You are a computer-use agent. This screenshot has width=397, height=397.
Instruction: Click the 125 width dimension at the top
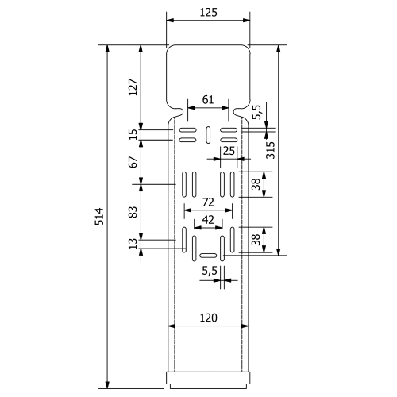209,13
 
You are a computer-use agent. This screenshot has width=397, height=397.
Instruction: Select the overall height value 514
99,217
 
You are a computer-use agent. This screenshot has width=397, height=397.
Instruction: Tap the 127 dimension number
133,87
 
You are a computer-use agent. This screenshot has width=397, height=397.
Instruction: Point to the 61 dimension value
208,100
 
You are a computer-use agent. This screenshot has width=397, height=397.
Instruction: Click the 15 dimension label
133,134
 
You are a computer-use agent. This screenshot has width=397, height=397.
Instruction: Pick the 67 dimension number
133,162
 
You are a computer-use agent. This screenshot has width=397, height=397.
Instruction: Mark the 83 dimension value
133,212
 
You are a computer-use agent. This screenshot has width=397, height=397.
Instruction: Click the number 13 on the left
133,244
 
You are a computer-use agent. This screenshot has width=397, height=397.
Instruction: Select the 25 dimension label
229,151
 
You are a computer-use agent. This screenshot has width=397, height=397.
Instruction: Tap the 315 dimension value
271,150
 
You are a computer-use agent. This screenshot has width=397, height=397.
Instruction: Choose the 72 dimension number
208,202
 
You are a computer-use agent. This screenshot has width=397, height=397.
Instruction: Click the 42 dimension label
208,220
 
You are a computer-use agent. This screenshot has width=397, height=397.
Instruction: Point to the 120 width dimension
208,318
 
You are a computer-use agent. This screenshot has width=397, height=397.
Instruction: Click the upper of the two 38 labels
256,184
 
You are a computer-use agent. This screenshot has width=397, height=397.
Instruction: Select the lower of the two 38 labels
256,240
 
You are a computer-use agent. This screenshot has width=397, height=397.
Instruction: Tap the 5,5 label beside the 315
256,112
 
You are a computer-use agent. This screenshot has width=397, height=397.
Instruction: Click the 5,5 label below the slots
210,271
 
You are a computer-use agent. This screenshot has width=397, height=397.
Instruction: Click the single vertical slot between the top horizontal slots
208,135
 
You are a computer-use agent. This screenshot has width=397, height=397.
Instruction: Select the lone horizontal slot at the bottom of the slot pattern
208,256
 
